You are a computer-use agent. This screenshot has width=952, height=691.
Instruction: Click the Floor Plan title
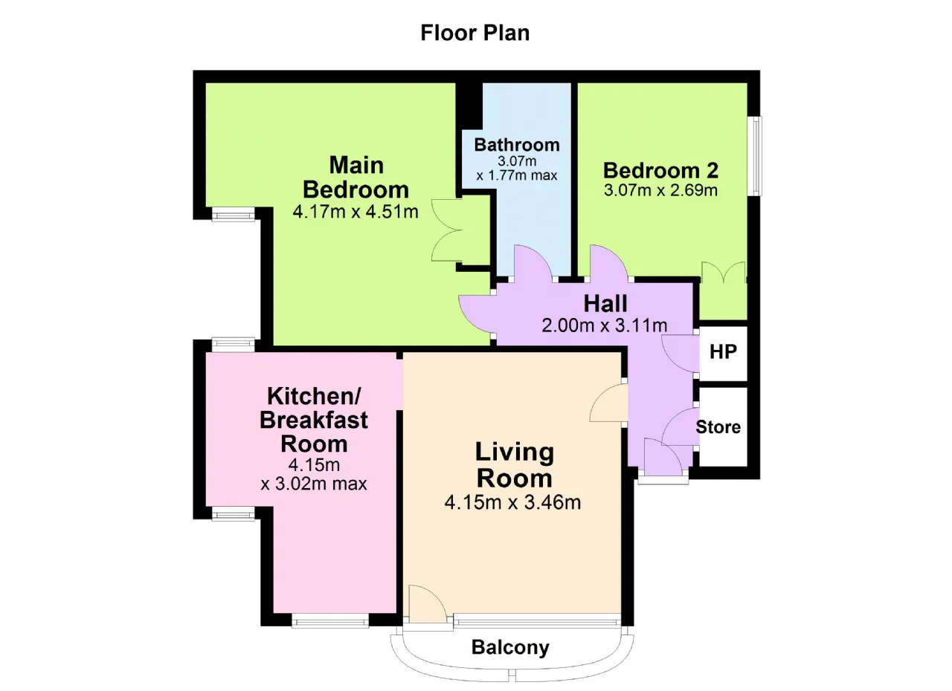pyautogui.click(x=475, y=33)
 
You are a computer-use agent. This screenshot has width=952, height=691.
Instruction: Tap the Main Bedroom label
pyautogui.click(x=356, y=177)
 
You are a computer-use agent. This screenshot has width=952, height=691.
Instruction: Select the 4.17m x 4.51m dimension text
pyautogui.click(x=356, y=212)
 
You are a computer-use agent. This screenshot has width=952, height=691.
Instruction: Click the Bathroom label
pyautogui.click(x=517, y=145)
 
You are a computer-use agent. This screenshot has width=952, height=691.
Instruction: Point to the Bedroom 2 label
pyautogui.click(x=661, y=171)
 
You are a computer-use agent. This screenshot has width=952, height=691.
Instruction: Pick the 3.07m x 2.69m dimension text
pyautogui.click(x=661, y=190)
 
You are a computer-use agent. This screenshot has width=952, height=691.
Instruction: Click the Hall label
pyautogui.click(x=605, y=304)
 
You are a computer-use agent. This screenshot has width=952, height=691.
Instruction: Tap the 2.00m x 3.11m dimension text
pyautogui.click(x=605, y=325)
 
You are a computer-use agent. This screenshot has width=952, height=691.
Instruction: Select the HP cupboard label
pyautogui.click(x=723, y=352)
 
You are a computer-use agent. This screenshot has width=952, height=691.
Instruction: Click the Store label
pyautogui.click(x=718, y=427)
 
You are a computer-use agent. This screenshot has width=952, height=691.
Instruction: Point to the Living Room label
pyautogui.click(x=515, y=465)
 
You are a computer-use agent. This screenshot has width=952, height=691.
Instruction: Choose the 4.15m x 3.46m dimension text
pyautogui.click(x=512, y=502)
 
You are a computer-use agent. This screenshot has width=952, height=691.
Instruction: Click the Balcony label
pyautogui.click(x=510, y=647)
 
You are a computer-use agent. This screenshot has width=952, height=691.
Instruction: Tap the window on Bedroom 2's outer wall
pyautogui.click(x=755, y=156)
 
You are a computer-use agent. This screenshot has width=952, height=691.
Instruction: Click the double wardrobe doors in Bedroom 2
pyautogui.click(x=723, y=272)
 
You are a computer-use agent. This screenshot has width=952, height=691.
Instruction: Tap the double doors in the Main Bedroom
pyautogui.click(x=447, y=230)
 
